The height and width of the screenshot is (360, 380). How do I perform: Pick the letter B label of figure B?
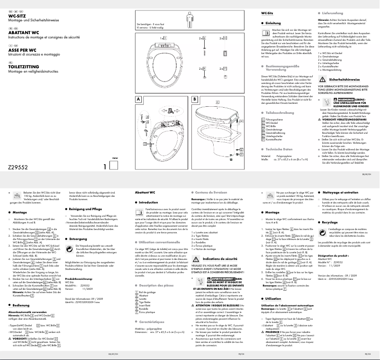[195, 100]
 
